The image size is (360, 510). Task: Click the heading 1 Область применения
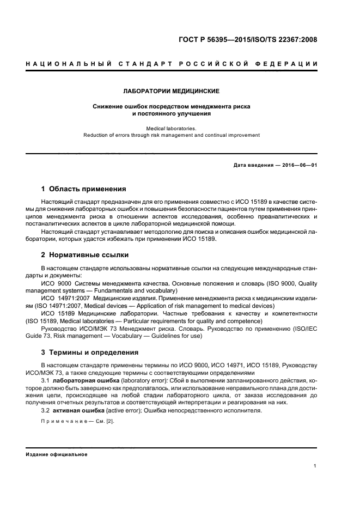pyautogui.click(x=83, y=189)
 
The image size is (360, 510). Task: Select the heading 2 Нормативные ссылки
pyautogui.click(x=85, y=254)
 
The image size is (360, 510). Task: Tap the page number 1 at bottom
pyautogui.click(x=315, y=466)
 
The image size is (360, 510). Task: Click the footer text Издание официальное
pyautogui.click(x=57, y=454)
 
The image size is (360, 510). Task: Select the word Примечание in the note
pyautogui.click(x=63, y=422)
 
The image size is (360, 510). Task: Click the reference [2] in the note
pyautogui.click(x=111, y=422)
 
